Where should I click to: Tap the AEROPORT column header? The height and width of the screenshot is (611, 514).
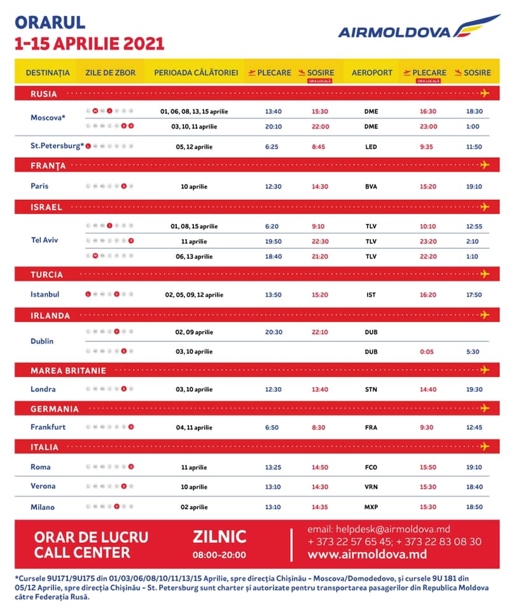pyautogui.click(x=372, y=73)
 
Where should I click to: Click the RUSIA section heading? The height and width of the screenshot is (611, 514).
pyautogui.click(x=44, y=94)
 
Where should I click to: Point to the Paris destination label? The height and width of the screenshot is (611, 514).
pyautogui.click(x=39, y=186)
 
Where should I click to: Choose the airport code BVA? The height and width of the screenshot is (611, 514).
pyautogui.click(x=371, y=186)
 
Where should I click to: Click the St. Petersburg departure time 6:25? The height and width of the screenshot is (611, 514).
pyautogui.click(x=272, y=147)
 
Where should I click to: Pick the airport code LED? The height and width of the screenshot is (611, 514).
pyautogui.click(x=371, y=147)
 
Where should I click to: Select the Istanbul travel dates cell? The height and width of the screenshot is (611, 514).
pyautogui.click(x=194, y=295)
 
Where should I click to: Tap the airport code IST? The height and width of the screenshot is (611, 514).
pyautogui.click(x=371, y=295)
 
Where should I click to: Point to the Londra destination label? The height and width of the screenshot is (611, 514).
pyautogui.click(x=43, y=389)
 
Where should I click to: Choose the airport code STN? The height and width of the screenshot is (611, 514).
pyautogui.click(x=371, y=390)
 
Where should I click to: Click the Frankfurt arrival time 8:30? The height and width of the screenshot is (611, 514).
pyautogui.click(x=319, y=428)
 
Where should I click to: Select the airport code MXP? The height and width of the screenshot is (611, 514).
pyautogui.click(x=371, y=507)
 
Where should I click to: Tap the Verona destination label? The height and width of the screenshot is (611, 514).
pyautogui.click(x=43, y=486)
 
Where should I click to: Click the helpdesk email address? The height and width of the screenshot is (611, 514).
pyautogui.click(x=379, y=529)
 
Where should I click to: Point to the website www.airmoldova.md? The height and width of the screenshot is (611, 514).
pyautogui.click(x=367, y=554)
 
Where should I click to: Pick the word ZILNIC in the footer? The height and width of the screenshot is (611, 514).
pyautogui.click(x=219, y=537)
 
